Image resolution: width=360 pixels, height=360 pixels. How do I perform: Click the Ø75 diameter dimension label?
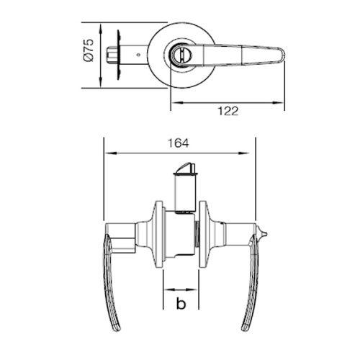tap(88, 50)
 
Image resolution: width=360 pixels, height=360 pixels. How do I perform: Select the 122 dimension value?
tap(228, 111)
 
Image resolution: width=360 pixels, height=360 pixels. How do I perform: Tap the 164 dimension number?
tap(178, 143)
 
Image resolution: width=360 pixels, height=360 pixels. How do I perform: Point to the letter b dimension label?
tap(181, 303)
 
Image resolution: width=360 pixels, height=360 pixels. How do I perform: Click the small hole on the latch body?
tap(138, 55)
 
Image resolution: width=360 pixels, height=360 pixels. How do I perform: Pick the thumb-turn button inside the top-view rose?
tap(181, 55)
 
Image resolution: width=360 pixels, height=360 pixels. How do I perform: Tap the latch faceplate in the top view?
tap(118, 55)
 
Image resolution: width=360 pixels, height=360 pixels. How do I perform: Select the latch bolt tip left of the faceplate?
tap(112, 55)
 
